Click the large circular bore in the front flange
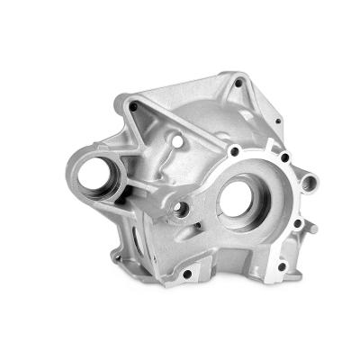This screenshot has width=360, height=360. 238,199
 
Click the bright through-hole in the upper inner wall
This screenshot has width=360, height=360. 178,142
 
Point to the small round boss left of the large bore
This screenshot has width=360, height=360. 183,210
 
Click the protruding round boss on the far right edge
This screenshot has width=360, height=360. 310,183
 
